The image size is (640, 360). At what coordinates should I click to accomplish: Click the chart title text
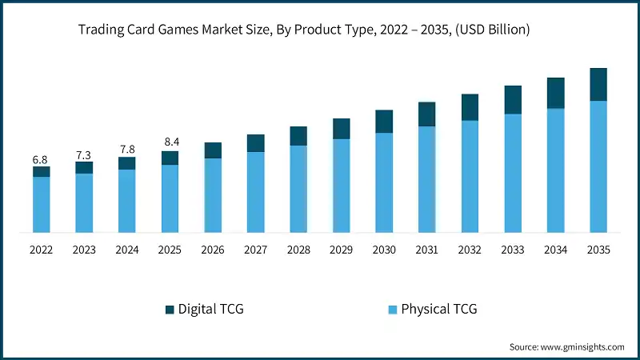tap(304, 30)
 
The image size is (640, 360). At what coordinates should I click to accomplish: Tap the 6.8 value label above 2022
tap(41, 160)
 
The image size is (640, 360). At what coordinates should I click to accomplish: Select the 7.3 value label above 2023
tap(84, 154)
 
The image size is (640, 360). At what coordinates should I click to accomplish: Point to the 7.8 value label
tap(126, 150)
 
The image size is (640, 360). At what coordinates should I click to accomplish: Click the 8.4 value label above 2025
tap(170, 142)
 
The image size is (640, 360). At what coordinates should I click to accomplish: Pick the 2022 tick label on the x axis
tap(41, 250)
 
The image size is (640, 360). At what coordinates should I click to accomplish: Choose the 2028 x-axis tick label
tap(298, 250)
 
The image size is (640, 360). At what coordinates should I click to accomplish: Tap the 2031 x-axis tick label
tap(427, 250)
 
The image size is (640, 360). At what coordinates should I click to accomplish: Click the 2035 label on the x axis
tap(598, 250)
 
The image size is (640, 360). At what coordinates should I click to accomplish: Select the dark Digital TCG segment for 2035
tap(598, 84)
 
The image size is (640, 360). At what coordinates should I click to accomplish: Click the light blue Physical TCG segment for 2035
tap(598, 166)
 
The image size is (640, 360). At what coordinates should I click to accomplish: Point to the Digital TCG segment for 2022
tap(41, 171)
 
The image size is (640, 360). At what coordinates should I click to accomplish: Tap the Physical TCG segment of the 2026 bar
tap(213, 195)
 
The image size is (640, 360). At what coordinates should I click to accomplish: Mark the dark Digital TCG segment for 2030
tap(384, 122)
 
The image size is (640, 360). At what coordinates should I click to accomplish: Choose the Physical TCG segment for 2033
tap(513, 173)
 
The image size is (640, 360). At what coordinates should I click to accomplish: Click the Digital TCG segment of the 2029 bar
tap(342, 129)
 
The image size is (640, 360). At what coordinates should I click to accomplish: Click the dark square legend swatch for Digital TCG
tap(168, 309)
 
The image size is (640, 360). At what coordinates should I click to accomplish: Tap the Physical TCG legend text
tap(438, 309)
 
